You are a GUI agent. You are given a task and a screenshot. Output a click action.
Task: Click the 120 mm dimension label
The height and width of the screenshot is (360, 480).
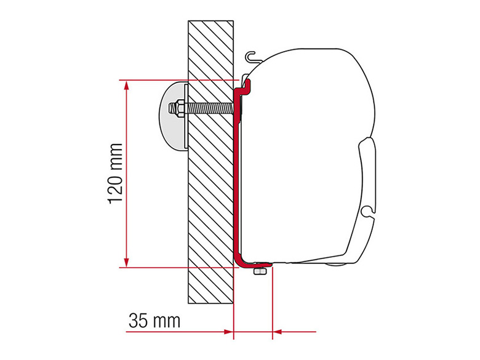pos(116,174)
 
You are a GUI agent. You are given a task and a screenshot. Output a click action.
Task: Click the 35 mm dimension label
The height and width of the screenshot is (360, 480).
pos(154,321)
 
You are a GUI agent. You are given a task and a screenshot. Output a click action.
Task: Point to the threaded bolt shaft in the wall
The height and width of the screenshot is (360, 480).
pos(209,109)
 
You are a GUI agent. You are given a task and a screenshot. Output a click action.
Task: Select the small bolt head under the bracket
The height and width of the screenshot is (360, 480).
pos(259,271)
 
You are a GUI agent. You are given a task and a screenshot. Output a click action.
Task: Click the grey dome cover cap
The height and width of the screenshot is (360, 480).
pos(172,116)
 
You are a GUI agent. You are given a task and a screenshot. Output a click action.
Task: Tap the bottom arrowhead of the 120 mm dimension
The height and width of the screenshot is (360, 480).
pos(126,262)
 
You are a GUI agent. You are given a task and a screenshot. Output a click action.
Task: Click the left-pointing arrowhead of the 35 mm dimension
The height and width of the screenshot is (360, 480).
pos(278,331)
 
